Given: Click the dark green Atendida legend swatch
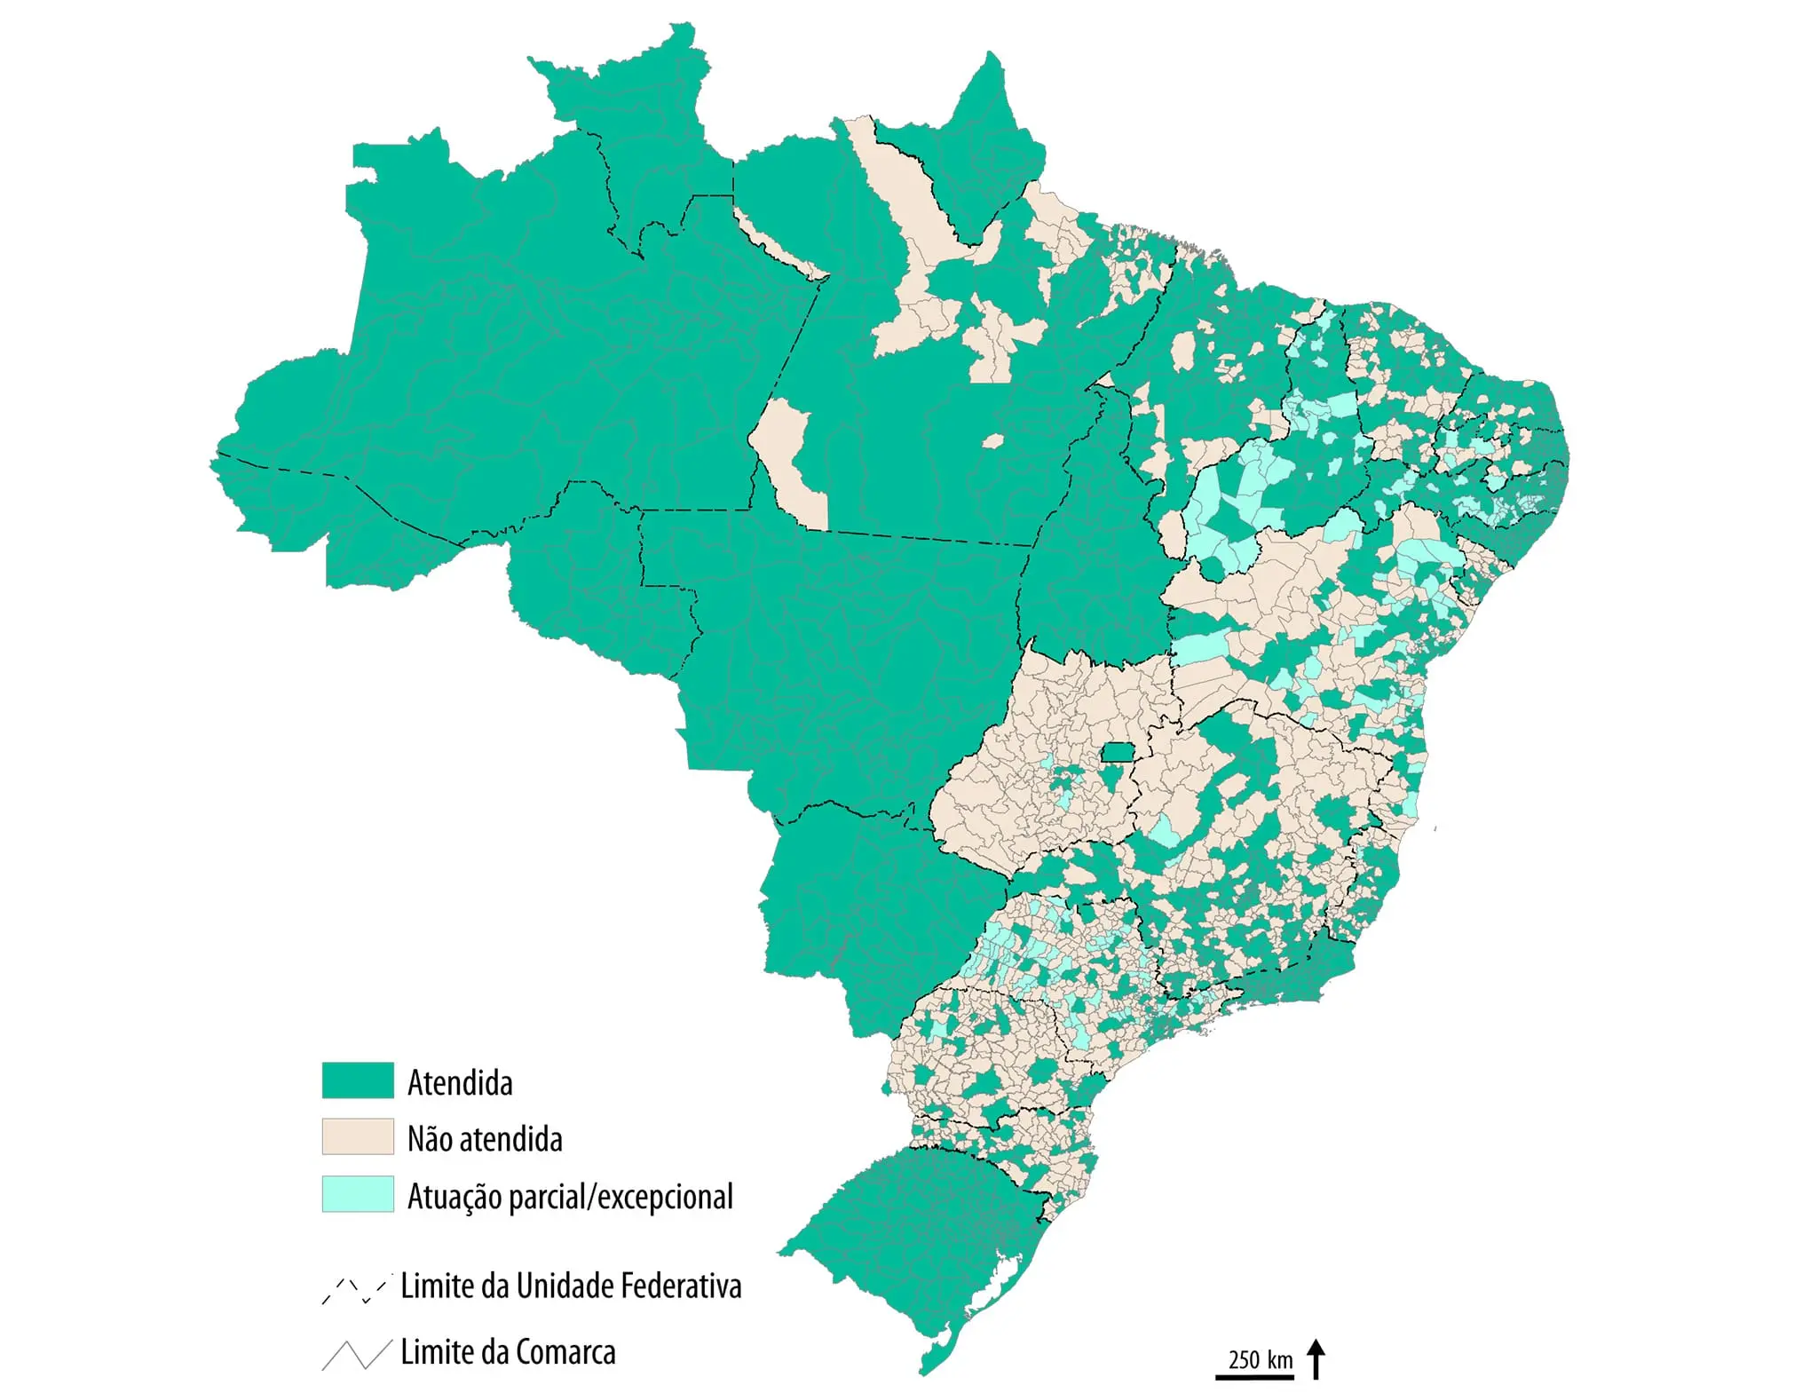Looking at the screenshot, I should point(357,1080).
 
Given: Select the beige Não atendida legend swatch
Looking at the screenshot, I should point(357,1136).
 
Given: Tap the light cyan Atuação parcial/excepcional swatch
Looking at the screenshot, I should point(357,1194).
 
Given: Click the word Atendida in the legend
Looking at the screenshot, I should point(460,1083).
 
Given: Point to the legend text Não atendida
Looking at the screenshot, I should point(485,1139).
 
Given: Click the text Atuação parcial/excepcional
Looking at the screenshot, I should point(570,1197).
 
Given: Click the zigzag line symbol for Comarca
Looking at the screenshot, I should point(355,1354).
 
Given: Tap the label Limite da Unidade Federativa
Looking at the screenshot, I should point(570,1286).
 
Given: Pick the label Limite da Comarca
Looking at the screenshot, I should point(508,1352).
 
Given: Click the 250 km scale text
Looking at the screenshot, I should point(1261,1359).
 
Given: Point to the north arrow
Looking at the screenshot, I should point(1317,1359).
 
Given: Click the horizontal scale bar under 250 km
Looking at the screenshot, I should point(1254,1377).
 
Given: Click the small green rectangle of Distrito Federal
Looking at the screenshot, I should point(1117,753).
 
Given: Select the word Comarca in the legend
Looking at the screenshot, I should point(565,1352).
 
